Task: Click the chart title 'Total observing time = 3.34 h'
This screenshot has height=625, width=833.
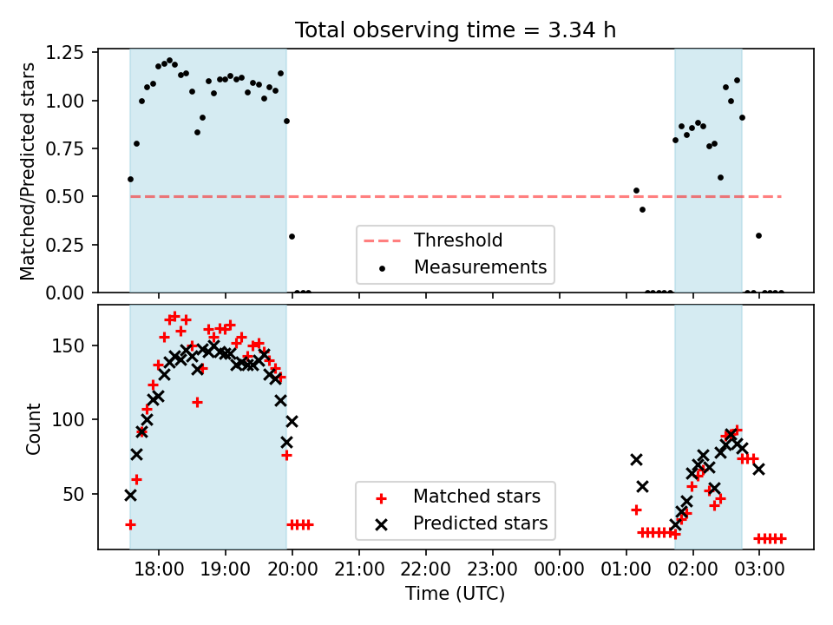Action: click(x=456, y=30)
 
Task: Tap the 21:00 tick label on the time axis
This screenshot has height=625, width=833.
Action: click(x=358, y=569)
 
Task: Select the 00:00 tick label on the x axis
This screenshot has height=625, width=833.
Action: click(x=559, y=569)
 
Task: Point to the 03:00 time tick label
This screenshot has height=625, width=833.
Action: click(x=758, y=569)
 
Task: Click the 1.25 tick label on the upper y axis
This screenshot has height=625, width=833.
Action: click(x=64, y=53)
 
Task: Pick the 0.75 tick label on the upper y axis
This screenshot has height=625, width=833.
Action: click(x=64, y=148)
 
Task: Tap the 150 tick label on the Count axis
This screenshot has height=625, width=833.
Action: click(x=68, y=346)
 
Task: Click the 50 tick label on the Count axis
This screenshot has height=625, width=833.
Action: click(x=73, y=494)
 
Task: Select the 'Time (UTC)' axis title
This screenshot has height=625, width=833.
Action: click(x=456, y=593)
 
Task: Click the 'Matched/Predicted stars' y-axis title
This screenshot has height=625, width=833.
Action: click(x=27, y=171)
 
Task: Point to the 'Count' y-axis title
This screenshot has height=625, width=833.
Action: click(x=33, y=428)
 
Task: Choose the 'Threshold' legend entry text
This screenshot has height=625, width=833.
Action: click(x=458, y=240)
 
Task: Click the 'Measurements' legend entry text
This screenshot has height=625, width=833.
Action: click(x=480, y=266)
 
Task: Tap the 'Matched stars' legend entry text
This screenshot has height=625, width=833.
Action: click(x=476, y=497)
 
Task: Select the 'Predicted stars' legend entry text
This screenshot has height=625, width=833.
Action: click(x=480, y=523)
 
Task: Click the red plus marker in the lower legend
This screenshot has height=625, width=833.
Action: click(x=381, y=498)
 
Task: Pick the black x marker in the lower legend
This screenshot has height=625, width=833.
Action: click(x=381, y=525)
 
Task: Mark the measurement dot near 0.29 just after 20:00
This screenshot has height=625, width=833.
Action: click(x=292, y=236)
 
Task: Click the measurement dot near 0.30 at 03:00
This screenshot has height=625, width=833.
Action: click(x=758, y=235)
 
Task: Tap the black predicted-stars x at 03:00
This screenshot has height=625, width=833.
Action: click(x=758, y=469)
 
